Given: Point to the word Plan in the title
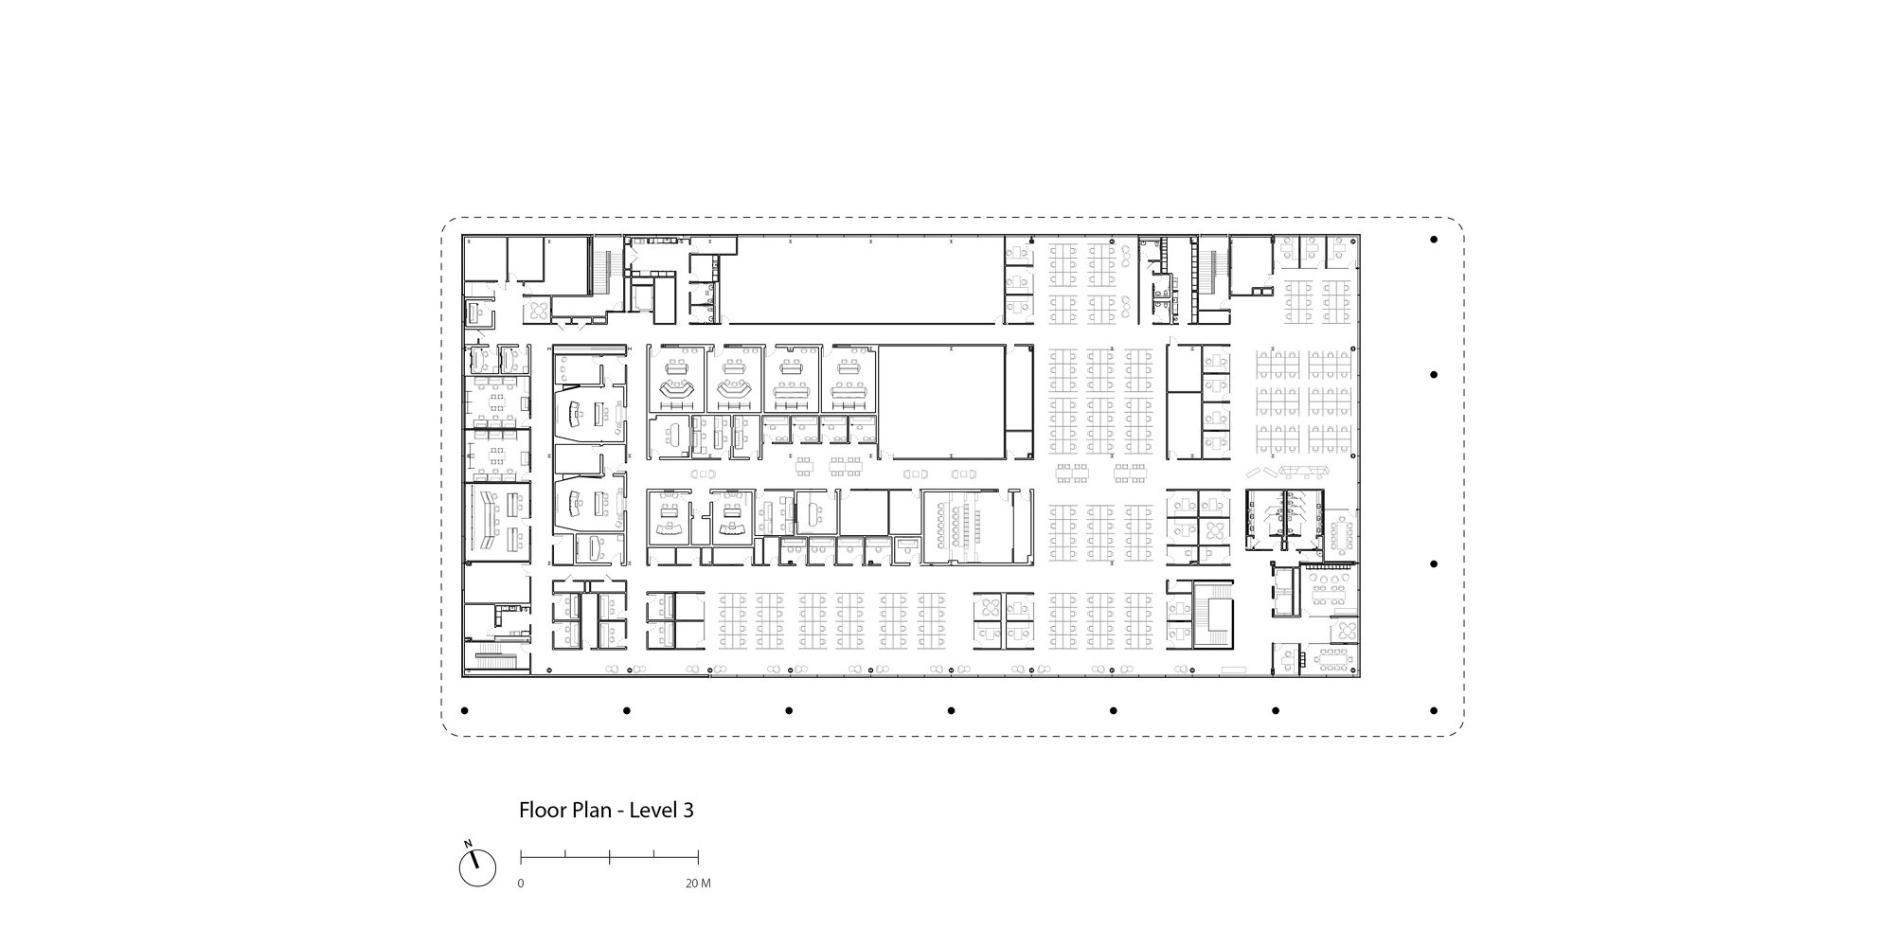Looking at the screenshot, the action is coord(589,811).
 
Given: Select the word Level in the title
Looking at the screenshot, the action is coord(652,811).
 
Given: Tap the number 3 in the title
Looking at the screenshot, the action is coord(688,811).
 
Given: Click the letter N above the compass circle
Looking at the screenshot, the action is coord(467,843).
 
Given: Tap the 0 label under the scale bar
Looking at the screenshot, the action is coord(520,884).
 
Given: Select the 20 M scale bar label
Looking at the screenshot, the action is coord(698,884).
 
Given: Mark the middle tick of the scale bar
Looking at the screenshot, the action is coord(609,857).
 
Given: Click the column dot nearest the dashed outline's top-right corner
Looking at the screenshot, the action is coord(1435,241).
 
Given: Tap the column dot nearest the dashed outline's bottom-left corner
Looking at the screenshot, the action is coord(464,710).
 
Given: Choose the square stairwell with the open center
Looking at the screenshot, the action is coord(1213,615).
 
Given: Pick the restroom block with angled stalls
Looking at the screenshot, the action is coord(1284,518).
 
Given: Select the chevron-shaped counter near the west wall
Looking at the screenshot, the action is coord(491,521).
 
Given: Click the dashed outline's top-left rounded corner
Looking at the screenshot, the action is coord(447,226).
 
